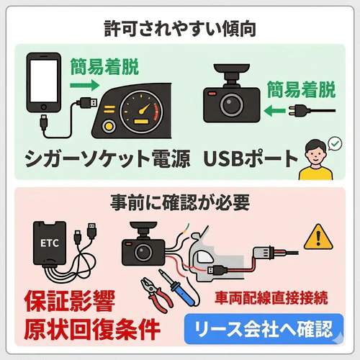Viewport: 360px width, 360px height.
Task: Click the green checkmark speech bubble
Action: tap(334, 145)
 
